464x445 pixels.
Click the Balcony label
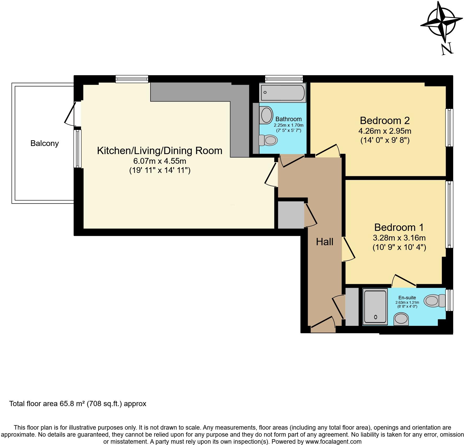tap(44, 143)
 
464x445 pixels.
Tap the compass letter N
tap(447, 49)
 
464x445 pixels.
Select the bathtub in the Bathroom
tap(283, 93)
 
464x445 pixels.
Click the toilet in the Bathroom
tap(268, 140)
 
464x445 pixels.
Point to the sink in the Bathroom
tap(266, 115)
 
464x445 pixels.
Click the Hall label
tap(324, 242)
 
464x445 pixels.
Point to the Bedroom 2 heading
tap(385, 121)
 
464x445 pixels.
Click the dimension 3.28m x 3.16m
tap(399, 238)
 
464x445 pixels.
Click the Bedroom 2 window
tap(449, 127)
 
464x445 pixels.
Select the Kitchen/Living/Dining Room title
tap(160, 151)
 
